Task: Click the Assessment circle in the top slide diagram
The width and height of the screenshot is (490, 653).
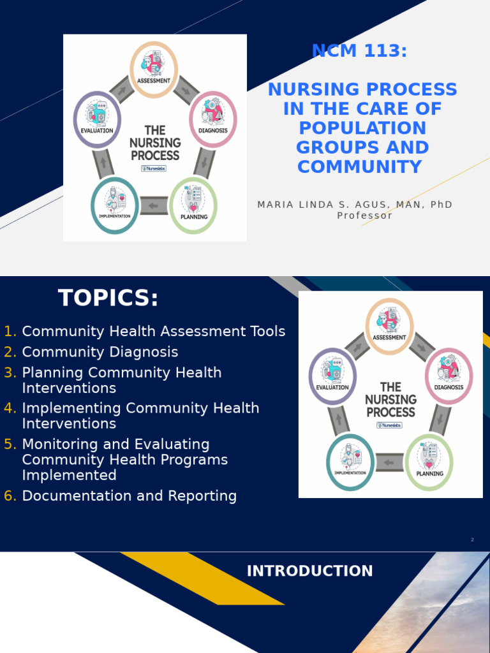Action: point(154,69)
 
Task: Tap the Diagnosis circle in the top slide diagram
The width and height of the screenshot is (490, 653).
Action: point(213,119)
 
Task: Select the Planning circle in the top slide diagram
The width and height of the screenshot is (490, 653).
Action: point(193,205)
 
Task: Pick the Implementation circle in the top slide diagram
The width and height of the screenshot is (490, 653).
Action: point(114,205)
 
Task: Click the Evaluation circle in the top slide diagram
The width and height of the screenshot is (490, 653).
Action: point(97,119)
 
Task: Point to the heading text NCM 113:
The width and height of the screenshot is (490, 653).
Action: point(359,51)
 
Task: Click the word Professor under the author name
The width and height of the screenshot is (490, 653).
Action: point(364,216)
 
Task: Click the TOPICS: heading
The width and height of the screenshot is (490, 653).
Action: point(108,298)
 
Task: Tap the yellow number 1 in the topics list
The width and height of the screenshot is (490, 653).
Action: point(10,332)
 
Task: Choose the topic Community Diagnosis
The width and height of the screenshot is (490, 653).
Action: point(100,352)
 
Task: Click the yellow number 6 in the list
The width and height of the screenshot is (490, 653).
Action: point(10,496)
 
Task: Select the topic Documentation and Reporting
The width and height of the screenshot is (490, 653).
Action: point(129,496)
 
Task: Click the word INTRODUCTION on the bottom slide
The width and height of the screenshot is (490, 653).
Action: point(309,571)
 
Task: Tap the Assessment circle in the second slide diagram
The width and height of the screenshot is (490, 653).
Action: point(389,326)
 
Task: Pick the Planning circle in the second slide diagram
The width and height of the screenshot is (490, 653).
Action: point(429,462)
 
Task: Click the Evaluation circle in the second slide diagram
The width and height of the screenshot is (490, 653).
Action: point(332,376)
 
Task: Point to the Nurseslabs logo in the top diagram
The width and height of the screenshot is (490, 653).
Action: point(154,168)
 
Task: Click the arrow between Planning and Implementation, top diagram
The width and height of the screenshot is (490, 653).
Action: point(154,206)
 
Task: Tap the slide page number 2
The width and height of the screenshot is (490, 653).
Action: point(472,540)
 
